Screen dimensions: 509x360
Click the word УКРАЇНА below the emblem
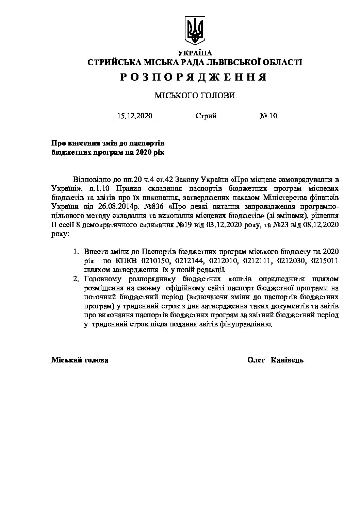[x=195, y=53]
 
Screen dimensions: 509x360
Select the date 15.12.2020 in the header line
[x=135, y=116]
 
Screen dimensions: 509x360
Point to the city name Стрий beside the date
[x=206, y=116]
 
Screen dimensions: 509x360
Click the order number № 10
[x=268, y=116]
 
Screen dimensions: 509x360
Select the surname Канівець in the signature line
[x=287, y=360]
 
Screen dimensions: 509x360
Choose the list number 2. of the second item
[x=76, y=279]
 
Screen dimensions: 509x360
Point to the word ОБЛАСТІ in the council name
[x=282, y=62]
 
